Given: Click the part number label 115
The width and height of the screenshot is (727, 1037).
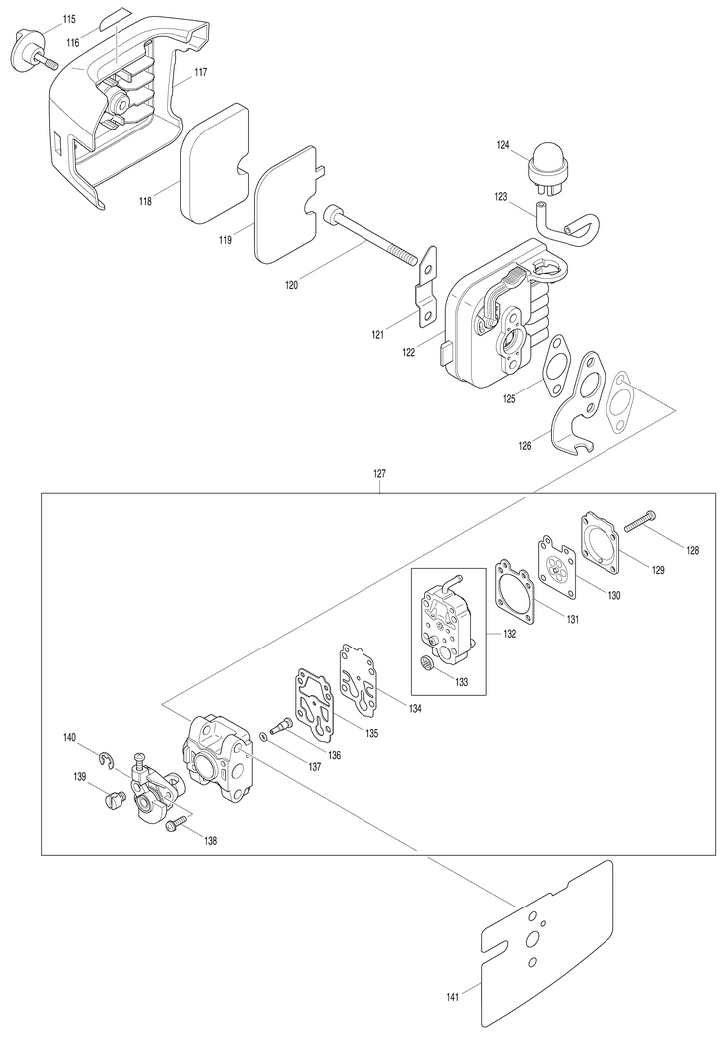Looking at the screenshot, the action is (x=69, y=19).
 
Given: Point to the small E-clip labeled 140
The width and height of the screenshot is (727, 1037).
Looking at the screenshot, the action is (x=108, y=761).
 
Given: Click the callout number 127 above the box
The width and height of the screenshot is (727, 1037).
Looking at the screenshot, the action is (x=380, y=473).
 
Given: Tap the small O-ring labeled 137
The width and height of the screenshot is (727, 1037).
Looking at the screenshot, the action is (x=264, y=736).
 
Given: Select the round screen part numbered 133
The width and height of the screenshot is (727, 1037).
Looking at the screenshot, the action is (x=428, y=661).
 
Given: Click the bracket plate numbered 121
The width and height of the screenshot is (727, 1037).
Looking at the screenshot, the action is (x=427, y=287).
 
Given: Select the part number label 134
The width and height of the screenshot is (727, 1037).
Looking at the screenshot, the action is (x=415, y=708).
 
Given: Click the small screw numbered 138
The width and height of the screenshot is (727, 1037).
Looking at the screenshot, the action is (x=176, y=824).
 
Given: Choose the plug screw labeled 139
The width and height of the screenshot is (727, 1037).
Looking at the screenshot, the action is (x=115, y=801).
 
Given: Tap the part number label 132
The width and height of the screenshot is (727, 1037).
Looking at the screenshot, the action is (x=509, y=634).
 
